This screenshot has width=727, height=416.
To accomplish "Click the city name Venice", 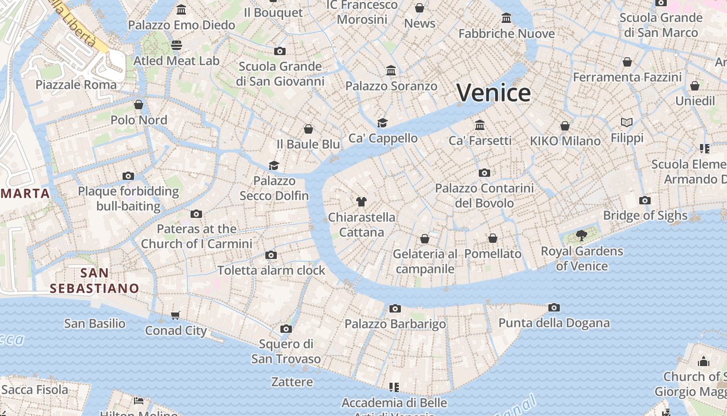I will tap(493, 93).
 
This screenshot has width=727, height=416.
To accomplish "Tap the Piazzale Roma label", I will tap(76, 84).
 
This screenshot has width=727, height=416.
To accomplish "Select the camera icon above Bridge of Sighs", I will tap(645, 200).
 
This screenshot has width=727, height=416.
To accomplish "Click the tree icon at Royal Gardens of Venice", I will tap(582, 236).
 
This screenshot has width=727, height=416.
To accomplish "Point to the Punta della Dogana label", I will tap(554, 323).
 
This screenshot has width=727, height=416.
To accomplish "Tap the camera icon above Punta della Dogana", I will tap(554, 307).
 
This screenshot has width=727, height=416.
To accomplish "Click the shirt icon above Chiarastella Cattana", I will tap(361, 201).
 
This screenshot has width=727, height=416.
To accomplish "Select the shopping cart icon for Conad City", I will tap(176, 315).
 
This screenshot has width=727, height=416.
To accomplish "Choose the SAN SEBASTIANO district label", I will tap(95, 280).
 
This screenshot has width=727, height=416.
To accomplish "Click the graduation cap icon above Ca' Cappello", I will tap(383, 123).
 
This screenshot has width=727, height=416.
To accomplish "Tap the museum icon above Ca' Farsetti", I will tap(480, 125).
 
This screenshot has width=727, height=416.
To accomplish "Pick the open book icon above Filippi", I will tap(627, 123).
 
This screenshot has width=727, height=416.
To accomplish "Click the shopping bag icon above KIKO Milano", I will tap(565, 126).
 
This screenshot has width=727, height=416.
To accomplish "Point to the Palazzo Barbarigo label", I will tap(395, 324).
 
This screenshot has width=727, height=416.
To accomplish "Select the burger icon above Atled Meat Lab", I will tap(177, 45).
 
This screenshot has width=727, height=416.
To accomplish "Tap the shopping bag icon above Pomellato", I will tap(493, 238).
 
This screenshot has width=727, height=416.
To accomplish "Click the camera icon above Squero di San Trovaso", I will tap(286, 329).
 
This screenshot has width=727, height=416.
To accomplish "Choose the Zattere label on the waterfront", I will tap(292, 382).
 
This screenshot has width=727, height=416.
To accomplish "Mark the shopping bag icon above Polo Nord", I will tap(139, 105).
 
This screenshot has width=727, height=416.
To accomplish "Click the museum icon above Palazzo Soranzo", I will tap(391, 70).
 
